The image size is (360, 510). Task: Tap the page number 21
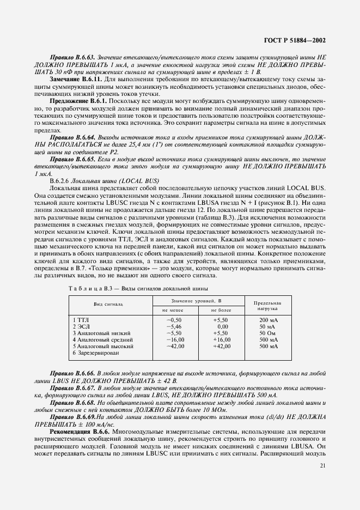[322, 465]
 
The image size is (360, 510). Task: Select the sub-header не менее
[171, 309]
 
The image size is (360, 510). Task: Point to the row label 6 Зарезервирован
[96, 353]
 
